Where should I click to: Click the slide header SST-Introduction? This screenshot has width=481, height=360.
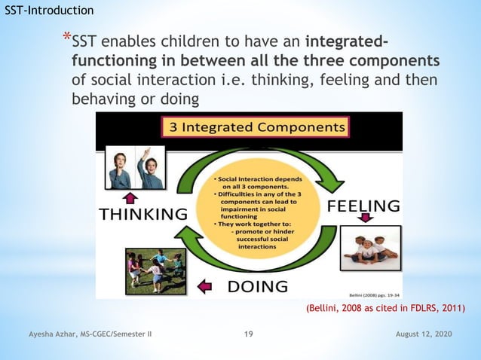49,11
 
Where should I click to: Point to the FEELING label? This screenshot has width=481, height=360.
363,206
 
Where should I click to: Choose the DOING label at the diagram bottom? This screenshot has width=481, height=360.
257,285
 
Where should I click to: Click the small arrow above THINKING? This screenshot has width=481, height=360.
130,197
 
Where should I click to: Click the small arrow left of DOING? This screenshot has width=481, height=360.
204,285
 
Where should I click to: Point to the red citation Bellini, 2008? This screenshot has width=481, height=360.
385,308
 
